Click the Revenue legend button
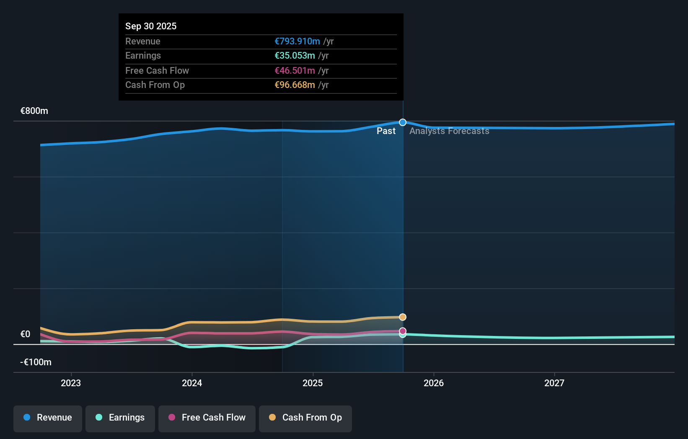pos(48,418)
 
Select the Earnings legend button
pos(120,418)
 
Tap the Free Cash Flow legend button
pos(207,418)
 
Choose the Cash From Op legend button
pos(305,418)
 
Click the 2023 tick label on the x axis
pos(71,383)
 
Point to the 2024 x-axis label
pos(192,383)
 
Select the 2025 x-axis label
pos(313,383)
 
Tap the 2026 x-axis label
pos(434,383)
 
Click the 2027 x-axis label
pos(554,383)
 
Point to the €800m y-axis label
pos(34,111)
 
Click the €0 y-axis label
pos(26,334)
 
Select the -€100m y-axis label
pos(36,362)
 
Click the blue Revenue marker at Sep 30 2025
pos(403,122)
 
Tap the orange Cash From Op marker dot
pos(403,317)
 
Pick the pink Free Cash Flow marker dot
pos(403,331)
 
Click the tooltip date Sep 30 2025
pos(151,26)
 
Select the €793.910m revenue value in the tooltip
pos(297,41)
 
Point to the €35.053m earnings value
pos(295,56)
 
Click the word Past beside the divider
pos(386,131)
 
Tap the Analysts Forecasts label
pos(449,131)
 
